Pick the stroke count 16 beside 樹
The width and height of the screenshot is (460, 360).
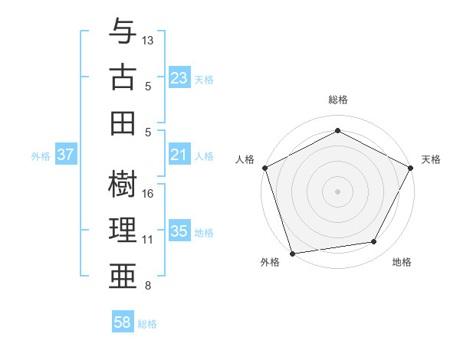point(149,193)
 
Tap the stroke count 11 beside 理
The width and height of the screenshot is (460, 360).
point(148,239)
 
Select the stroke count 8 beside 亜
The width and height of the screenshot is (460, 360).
point(148,286)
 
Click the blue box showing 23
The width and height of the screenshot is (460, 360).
point(179,78)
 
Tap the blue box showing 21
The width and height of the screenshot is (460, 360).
point(179,155)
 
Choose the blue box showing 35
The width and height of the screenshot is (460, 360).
point(179,231)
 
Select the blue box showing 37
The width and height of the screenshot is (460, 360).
point(66,155)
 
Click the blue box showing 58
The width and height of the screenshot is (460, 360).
point(123,322)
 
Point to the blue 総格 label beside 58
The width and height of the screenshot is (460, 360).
point(147,324)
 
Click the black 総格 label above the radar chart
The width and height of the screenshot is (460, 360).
point(337,100)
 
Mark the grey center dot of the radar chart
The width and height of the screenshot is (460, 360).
point(337,191)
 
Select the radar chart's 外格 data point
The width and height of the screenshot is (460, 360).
point(292,253)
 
